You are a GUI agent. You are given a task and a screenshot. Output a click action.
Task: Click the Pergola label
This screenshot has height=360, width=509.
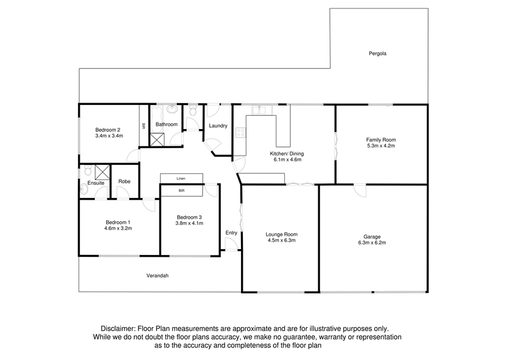378,53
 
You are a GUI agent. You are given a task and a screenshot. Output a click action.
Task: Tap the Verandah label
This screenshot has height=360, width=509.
158,276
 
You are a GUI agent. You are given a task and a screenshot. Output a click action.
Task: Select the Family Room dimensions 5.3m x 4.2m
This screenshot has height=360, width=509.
381,146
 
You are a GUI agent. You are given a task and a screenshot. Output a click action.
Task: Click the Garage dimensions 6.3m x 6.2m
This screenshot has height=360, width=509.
372,243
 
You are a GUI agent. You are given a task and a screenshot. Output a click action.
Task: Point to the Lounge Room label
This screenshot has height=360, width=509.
281,235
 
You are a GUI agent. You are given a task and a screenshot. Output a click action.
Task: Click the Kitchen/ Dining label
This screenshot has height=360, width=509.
287,154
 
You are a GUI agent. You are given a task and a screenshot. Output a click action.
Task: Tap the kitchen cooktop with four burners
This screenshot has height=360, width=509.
241,132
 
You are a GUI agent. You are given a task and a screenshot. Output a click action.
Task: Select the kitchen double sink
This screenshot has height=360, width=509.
260,110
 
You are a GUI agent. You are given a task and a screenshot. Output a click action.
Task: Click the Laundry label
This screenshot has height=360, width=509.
218,126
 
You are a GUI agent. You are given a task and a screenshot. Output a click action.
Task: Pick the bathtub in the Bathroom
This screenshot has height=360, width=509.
156,119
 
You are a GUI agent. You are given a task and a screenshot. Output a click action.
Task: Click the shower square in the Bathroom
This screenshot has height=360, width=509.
158,140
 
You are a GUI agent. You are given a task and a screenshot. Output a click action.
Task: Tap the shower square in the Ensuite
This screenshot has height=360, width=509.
103,172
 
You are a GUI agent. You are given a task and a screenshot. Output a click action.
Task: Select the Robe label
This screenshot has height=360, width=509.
124,182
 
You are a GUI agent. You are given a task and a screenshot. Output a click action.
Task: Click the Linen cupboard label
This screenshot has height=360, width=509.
181,179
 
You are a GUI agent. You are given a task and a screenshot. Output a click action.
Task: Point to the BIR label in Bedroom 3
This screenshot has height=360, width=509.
182,191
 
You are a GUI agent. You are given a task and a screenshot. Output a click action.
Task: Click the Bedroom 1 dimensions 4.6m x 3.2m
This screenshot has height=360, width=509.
118,229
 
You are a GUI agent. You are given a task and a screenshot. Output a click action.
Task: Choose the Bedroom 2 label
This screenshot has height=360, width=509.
108,130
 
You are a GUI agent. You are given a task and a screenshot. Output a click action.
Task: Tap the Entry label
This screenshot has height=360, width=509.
231,233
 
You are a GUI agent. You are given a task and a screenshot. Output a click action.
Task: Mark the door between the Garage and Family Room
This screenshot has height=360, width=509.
360,190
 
